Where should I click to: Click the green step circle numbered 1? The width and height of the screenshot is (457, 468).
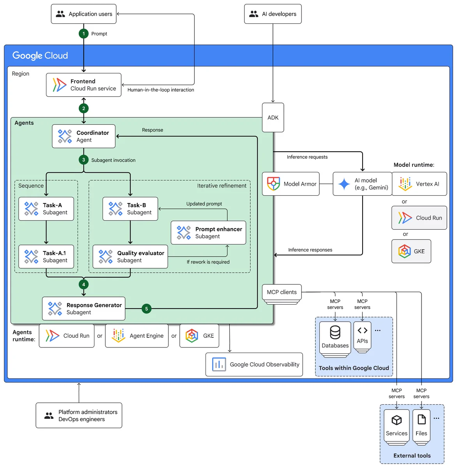coord(83,34)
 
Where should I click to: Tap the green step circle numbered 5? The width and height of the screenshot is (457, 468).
coord(146,308)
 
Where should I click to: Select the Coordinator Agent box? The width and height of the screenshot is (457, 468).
coord(83,136)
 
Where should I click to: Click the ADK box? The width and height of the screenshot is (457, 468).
coord(273,117)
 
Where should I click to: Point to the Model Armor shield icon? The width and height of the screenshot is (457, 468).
coord(273,184)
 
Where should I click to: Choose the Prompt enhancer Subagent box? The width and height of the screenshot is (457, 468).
coord(208,232)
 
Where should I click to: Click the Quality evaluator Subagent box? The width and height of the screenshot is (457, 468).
coord(130,256)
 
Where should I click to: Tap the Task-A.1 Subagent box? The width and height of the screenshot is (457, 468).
coord(46,256)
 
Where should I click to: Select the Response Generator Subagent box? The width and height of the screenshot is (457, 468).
coord(83,308)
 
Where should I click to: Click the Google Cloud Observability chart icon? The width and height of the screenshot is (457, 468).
coord(218,364)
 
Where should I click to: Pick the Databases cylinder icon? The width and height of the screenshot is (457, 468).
coord(335,332)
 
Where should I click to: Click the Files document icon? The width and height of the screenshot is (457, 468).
coord(421,420)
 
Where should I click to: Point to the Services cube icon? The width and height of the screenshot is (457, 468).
coord(396,420)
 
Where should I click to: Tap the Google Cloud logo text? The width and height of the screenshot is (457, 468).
coord(40,55)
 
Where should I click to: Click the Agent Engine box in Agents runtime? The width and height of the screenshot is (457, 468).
coord(136,335)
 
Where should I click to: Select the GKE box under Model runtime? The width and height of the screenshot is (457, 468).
coord(411,251)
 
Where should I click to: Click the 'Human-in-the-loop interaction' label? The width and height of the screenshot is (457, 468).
coord(161,90)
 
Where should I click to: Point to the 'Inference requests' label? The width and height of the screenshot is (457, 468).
coord(307,157)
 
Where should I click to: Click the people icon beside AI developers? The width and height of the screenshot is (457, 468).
coord(253,14)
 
